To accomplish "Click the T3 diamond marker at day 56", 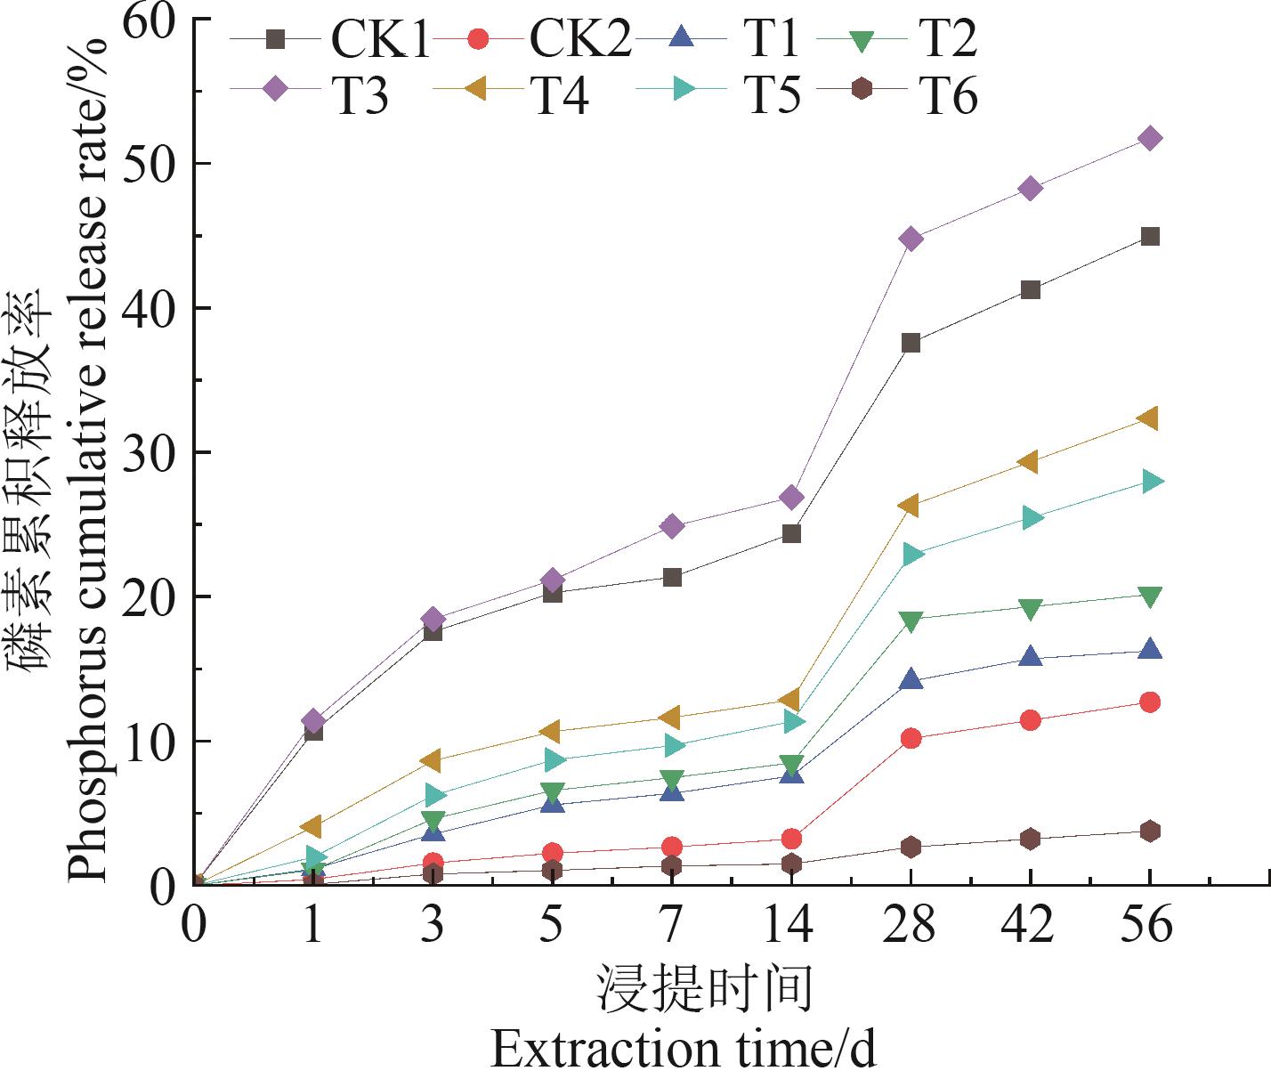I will click(x=1149, y=138).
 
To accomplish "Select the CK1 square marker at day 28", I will click(x=911, y=343).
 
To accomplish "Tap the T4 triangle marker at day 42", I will click(x=1030, y=461).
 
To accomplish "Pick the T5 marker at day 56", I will click(x=1150, y=482).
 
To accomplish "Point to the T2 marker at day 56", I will click(x=1149, y=596).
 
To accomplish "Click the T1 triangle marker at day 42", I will click(x=1030, y=657).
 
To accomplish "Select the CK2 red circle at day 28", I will click(x=911, y=738).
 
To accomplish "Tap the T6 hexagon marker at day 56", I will click(x=1149, y=831).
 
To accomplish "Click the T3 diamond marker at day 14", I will click(x=791, y=497).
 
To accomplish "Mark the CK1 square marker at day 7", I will click(x=672, y=577).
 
